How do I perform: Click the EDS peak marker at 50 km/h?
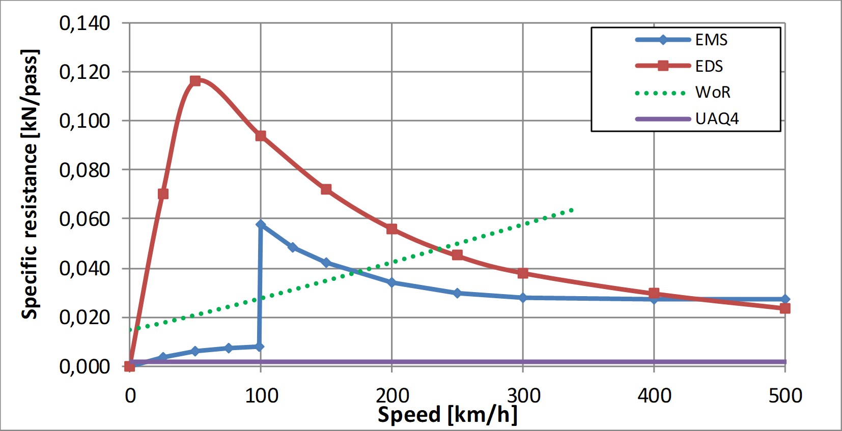coord(195,80)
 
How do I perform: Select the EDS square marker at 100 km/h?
coord(261,136)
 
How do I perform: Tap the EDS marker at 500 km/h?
coord(785,308)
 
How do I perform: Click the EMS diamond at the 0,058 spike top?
coord(261,224)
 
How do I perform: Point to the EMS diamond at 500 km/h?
coord(785,299)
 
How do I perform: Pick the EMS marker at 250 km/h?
coord(457,293)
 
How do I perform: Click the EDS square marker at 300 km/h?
coord(523,273)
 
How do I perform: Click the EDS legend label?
coord(709,66)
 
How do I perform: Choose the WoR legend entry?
coord(713,92)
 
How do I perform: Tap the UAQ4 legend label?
coord(717,119)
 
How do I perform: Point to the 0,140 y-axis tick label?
coord(85,23)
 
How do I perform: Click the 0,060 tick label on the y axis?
coord(85,219)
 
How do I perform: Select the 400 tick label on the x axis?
coord(654,395)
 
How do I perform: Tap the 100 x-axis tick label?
coord(261,395)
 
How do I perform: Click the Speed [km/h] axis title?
coord(447,415)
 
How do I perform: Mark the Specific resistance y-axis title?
coord(30,184)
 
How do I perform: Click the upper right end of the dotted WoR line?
coord(572,210)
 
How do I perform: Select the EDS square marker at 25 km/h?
coord(163,194)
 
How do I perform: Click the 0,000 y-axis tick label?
coord(85,366)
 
